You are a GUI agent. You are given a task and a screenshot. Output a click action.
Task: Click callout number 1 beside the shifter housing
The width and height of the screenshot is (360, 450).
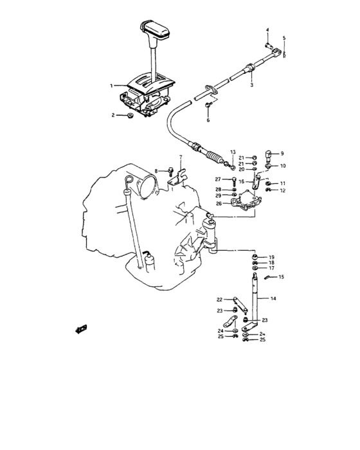111,85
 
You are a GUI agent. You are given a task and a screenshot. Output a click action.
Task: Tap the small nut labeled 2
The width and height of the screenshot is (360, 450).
130,116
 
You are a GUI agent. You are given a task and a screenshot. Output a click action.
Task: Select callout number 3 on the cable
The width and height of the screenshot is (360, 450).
251,84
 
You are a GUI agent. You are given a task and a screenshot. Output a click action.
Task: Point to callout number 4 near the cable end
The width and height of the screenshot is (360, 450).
268,30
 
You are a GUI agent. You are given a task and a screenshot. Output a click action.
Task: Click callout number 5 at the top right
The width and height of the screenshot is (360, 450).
283,39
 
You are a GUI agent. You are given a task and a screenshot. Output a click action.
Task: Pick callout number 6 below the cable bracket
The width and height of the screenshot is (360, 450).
208,120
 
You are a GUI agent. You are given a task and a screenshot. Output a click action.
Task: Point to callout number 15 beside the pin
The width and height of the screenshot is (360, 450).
281,276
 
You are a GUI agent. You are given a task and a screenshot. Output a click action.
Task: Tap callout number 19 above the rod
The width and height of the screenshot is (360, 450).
271,256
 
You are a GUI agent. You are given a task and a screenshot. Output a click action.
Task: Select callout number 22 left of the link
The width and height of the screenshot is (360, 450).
219,300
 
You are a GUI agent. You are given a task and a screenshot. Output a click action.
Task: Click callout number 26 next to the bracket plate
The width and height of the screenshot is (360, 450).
219,204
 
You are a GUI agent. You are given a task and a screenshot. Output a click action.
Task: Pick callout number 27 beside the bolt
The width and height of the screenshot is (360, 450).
217,179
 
